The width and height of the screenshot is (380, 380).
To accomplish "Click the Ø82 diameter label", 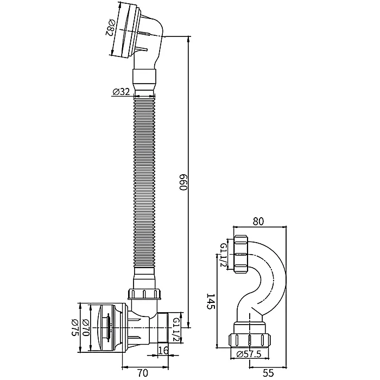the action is [110, 28].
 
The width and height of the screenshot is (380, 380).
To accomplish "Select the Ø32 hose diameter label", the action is [121, 92].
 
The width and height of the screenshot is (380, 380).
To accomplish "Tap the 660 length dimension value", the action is [183, 182].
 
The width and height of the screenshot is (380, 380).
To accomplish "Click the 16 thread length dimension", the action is [163, 350].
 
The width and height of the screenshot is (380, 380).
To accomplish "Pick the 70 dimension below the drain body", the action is [142, 373].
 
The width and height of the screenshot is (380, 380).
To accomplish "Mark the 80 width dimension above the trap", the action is [258, 221].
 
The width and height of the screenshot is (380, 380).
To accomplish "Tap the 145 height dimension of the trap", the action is [211, 301].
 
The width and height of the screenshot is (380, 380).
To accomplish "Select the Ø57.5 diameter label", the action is [249, 354].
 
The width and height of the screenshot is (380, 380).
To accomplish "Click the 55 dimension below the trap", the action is [268, 373].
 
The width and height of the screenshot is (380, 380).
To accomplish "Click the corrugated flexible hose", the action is [144, 182].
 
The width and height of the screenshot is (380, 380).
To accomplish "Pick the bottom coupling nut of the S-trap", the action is [249, 341].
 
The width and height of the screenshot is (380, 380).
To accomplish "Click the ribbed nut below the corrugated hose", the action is [144, 294].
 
